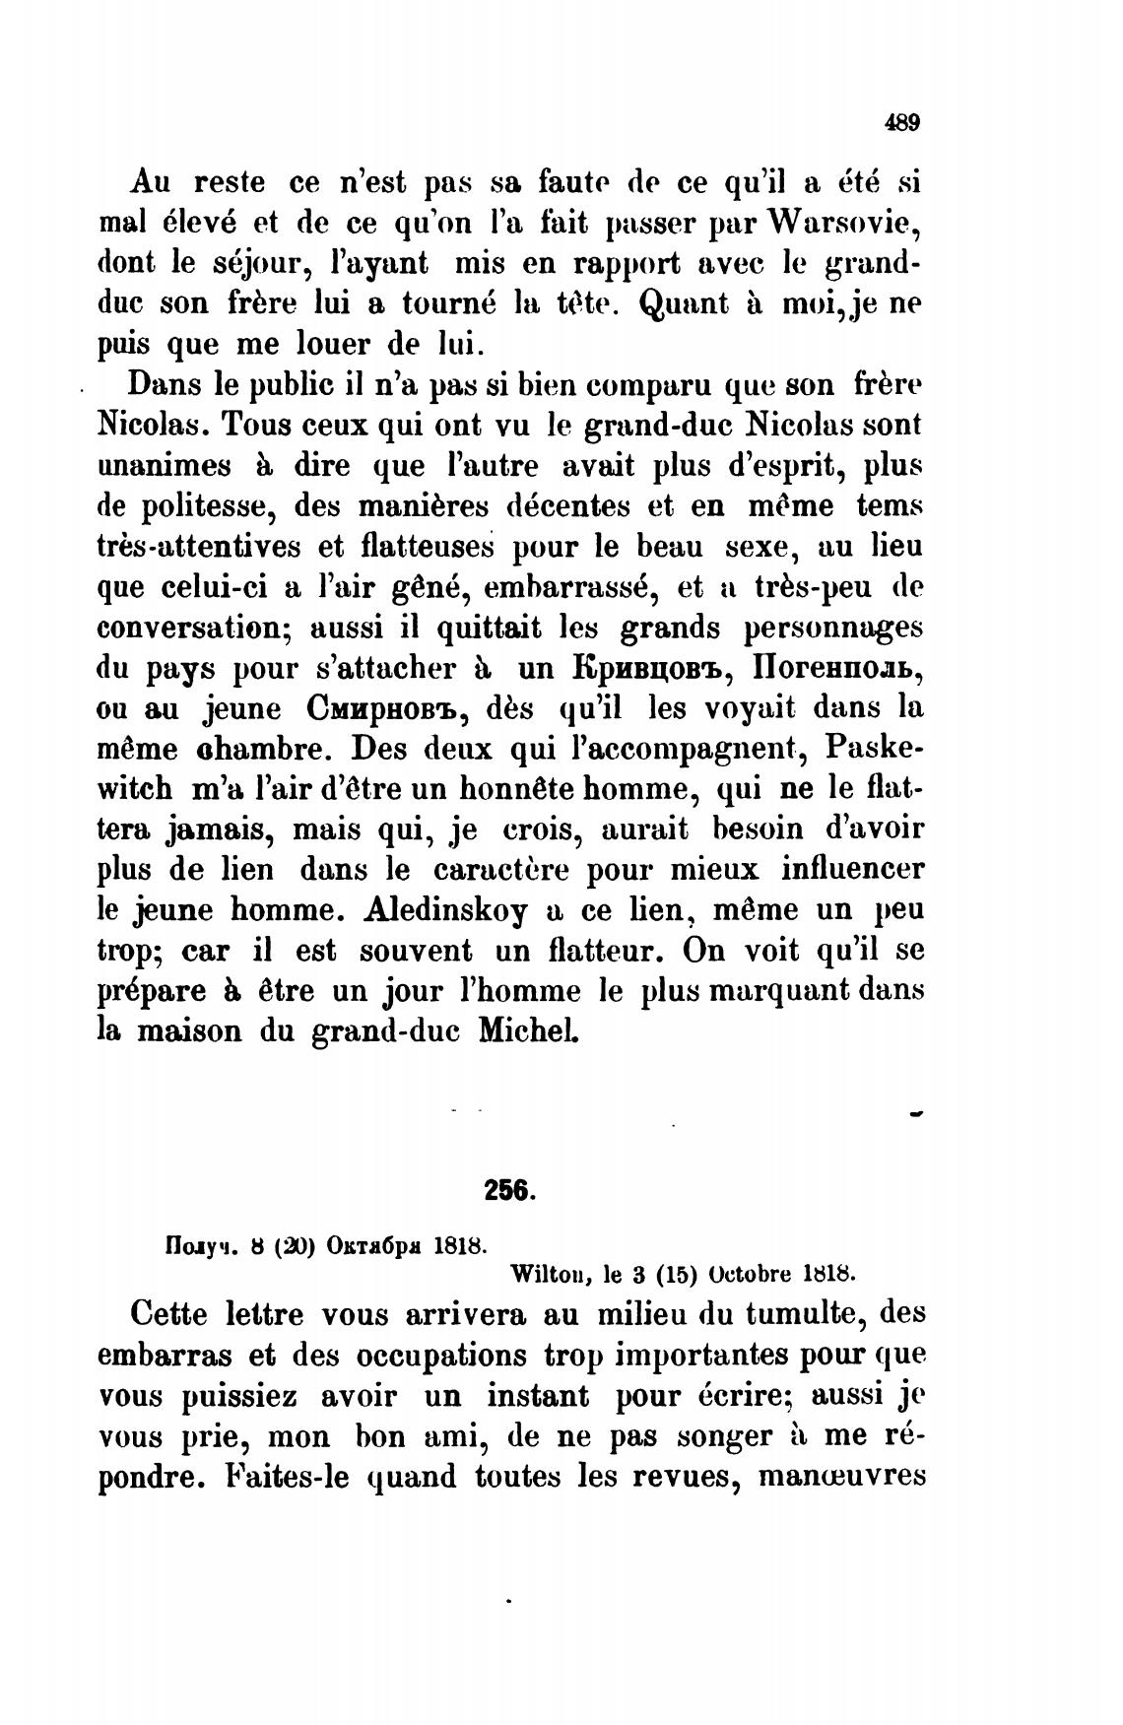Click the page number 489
pyautogui.click(x=901, y=123)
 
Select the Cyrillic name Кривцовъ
pyautogui.click(x=650, y=668)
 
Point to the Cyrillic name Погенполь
pyautogui.click(x=838, y=668)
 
